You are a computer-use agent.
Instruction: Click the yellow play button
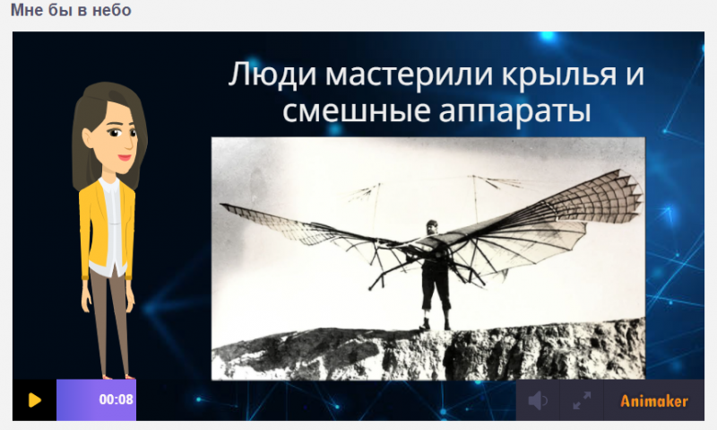(34, 400)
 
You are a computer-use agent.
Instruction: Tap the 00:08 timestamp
(117, 400)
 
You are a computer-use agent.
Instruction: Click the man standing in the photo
(434, 274)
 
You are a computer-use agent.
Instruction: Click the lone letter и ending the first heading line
(633, 75)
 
